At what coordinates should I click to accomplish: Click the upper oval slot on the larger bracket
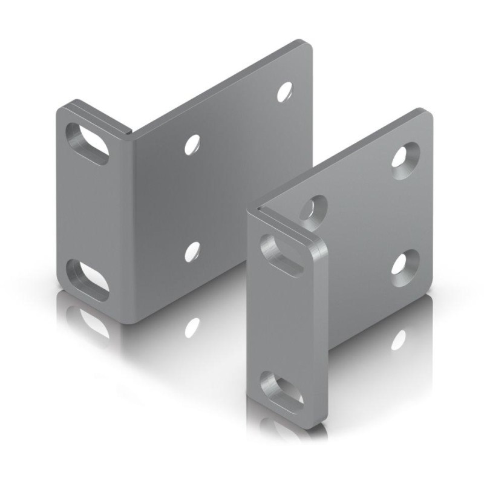(x=87, y=143)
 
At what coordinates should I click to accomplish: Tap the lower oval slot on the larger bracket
(x=87, y=280)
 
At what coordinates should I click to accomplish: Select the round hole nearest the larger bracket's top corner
(x=284, y=91)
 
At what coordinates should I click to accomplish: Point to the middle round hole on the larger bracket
(x=192, y=143)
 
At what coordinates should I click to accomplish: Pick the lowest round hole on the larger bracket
(x=192, y=251)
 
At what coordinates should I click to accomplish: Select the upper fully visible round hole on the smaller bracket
(x=402, y=155)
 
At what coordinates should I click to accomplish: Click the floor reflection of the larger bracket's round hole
(x=192, y=327)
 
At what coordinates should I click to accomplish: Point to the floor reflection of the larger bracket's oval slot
(x=88, y=321)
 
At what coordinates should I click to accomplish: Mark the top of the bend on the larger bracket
(x=131, y=130)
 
